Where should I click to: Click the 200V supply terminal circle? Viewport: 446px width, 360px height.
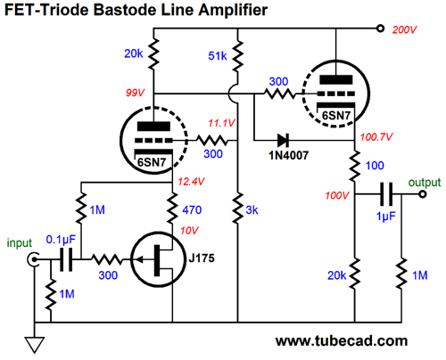click(x=380, y=29)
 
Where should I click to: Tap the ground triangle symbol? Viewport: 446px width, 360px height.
click(x=35, y=345)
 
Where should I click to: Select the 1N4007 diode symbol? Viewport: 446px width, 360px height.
click(x=283, y=140)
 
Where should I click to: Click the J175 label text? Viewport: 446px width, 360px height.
click(x=202, y=258)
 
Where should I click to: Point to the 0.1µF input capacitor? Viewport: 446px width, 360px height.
click(x=66, y=260)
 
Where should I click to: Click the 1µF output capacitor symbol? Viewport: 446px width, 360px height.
click(x=386, y=194)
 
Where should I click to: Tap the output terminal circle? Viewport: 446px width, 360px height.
click(x=422, y=194)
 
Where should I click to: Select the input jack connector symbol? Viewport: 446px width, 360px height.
click(x=33, y=259)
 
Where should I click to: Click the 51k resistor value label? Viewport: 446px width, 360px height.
click(x=218, y=56)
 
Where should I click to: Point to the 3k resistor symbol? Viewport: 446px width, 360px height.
click(x=237, y=208)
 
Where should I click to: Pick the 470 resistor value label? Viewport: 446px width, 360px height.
click(x=192, y=210)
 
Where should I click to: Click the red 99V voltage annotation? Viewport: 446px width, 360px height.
click(x=135, y=93)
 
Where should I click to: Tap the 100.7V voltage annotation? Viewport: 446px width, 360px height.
click(x=376, y=137)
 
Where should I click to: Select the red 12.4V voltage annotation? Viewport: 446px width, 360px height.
click(x=191, y=181)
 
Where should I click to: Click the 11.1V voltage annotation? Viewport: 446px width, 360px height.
click(x=221, y=123)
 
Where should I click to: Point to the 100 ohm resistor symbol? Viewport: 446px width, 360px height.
click(x=355, y=166)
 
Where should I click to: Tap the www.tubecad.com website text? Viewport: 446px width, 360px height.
click(x=342, y=341)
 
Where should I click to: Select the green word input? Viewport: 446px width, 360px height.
click(x=20, y=243)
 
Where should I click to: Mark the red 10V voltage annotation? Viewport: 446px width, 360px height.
click(x=189, y=230)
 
